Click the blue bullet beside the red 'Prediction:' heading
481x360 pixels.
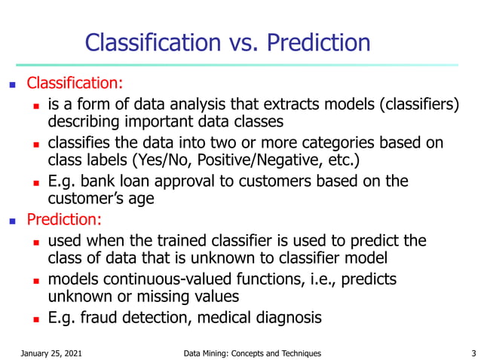point(11,221)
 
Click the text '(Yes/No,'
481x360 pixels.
point(164,160)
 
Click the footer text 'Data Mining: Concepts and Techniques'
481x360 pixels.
point(252,352)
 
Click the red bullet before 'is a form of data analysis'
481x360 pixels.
point(35,103)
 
